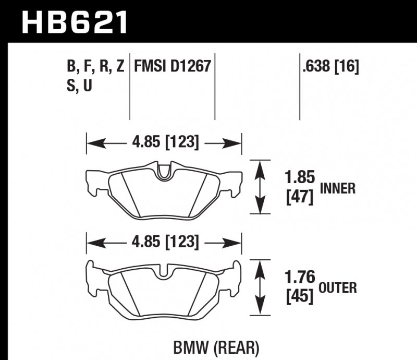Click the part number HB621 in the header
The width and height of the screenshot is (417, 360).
[x=73, y=21]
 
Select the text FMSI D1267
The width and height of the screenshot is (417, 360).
[x=172, y=66]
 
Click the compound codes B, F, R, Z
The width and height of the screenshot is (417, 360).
[x=95, y=66]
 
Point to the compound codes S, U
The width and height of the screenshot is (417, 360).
[x=79, y=86]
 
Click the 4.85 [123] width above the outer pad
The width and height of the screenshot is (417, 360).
[x=164, y=242]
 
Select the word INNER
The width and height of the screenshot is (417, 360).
[x=337, y=188]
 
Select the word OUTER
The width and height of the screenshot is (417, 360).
[x=338, y=287]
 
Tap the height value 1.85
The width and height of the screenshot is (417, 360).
[x=300, y=178]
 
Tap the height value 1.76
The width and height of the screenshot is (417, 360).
[x=300, y=277]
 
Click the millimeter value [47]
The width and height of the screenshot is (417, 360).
[x=300, y=198]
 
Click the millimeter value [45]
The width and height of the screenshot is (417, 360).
[x=300, y=297]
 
